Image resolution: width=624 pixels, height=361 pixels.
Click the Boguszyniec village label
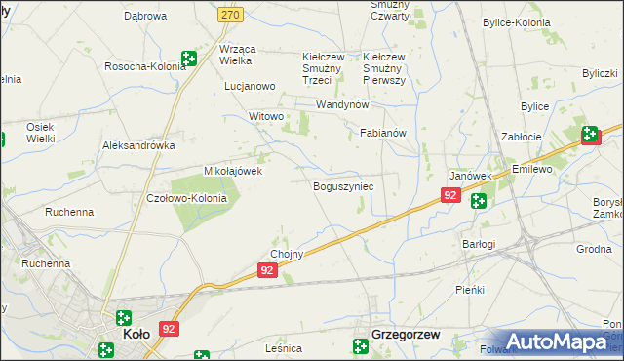(342, 185)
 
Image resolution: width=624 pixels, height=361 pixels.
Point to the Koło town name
(136, 334)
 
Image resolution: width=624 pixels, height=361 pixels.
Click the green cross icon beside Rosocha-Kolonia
(188, 59)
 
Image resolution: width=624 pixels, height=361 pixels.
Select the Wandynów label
(340, 104)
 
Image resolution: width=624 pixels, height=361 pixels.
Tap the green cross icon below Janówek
(479, 201)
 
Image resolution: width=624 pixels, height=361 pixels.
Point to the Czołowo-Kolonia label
(185, 198)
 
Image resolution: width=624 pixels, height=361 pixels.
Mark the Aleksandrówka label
(138, 144)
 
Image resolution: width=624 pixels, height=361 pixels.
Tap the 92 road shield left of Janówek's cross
(449, 195)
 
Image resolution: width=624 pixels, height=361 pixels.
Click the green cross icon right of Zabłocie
(591, 135)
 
